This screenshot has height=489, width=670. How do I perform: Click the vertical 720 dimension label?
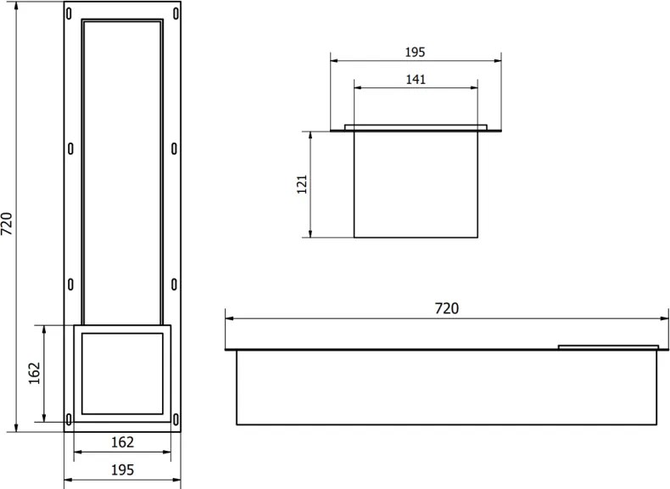[7, 222]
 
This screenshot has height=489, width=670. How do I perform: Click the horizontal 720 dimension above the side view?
[446, 308]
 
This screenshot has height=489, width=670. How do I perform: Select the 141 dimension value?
[416, 79]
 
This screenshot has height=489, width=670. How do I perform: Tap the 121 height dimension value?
[302, 185]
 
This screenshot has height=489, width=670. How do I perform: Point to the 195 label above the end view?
[415, 52]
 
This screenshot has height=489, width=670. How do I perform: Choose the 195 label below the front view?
[122, 469]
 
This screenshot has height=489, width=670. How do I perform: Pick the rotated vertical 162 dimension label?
[35, 374]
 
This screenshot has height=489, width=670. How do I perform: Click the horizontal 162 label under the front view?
[122, 442]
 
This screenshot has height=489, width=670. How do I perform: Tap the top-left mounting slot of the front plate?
[70, 13]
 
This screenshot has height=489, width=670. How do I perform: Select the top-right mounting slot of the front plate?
[176, 13]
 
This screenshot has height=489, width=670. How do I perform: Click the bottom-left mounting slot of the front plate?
[70, 419]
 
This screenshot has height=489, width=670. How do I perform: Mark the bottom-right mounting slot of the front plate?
[176, 419]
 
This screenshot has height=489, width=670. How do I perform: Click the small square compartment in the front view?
[122, 374]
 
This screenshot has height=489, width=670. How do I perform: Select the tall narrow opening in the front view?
[122, 170]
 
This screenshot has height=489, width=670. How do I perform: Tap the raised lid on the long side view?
[608, 346]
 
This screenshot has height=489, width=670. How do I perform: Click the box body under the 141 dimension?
[416, 185]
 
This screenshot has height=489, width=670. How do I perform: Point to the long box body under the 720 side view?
[446, 387]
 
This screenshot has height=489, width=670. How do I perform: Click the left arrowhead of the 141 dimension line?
[357, 87]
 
